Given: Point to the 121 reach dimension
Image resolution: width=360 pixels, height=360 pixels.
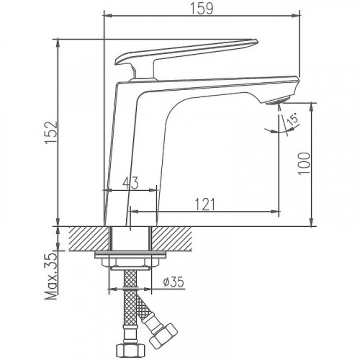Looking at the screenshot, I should click(x=204, y=204).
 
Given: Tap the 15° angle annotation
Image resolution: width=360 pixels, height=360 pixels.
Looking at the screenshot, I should click(x=290, y=122).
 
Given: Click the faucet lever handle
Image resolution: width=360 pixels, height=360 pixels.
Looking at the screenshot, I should click(x=187, y=51).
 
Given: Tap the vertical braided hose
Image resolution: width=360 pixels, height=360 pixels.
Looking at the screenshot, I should click(x=130, y=302).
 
